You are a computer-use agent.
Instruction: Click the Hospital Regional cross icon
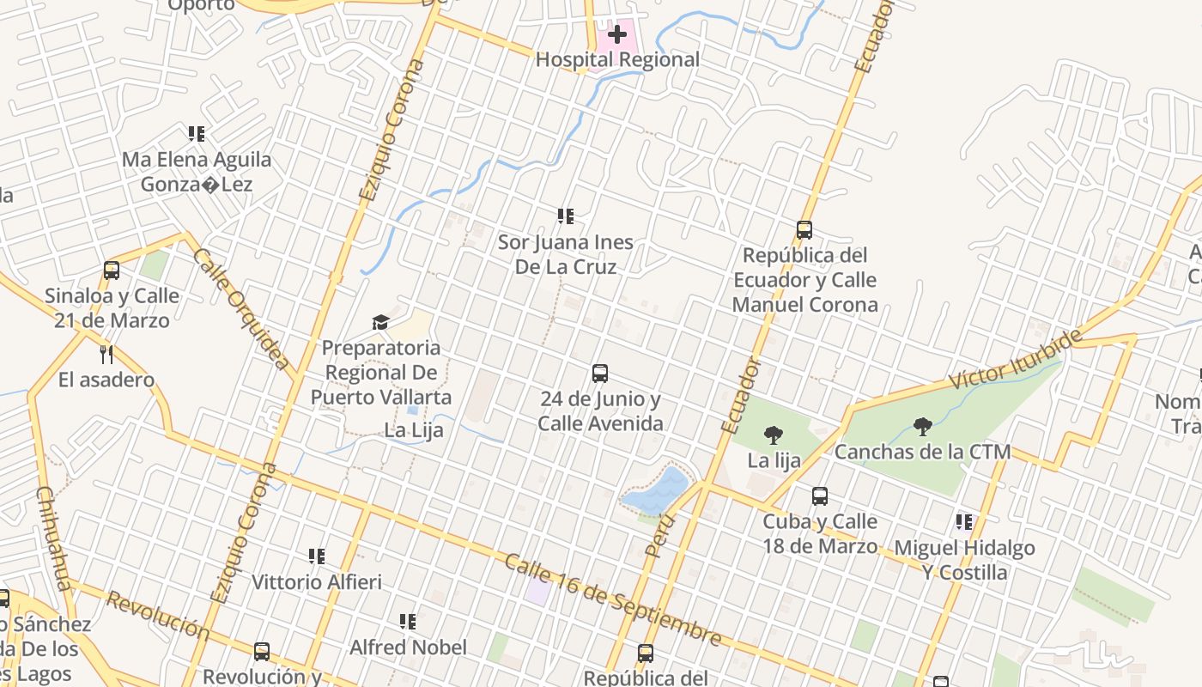(x=616, y=35)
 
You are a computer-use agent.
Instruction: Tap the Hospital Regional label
(x=617, y=60)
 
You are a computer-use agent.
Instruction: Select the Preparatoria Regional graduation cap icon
(x=380, y=322)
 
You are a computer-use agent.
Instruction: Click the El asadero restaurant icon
(x=106, y=354)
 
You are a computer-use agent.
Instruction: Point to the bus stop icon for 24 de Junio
(x=600, y=374)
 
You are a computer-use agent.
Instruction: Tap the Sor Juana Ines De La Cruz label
(x=565, y=254)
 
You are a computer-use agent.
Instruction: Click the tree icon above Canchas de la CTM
(x=922, y=426)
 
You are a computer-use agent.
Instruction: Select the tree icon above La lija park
(x=773, y=435)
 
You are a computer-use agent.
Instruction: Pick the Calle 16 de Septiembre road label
(x=612, y=599)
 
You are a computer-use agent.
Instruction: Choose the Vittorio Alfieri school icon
(x=317, y=556)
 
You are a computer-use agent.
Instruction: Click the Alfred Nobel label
(x=408, y=647)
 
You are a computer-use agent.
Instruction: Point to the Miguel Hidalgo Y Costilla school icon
(x=964, y=522)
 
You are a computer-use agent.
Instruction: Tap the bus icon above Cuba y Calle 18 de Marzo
(x=820, y=495)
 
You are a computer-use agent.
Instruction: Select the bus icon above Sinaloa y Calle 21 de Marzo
(x=112, y=271)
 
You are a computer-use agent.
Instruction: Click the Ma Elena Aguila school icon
(x=197, y=134)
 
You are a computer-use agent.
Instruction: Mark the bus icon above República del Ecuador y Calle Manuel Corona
(x=804, y=230)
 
